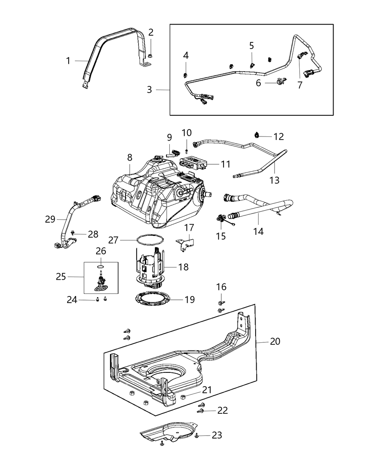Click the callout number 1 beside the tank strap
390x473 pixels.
point(68,60)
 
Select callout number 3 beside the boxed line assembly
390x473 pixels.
point(149,89)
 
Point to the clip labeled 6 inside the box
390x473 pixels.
point(280,81)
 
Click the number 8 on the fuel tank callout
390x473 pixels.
point(130,158)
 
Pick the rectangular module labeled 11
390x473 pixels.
point(193,163)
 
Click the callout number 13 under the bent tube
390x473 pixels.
point(275,180)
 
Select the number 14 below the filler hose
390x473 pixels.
point(259,231)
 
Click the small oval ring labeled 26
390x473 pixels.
point(101,266)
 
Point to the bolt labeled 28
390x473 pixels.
point(73,233)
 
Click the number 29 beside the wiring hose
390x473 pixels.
point(50,219)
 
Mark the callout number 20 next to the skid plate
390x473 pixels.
point(275,341)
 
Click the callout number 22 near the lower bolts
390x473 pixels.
point(222,410)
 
